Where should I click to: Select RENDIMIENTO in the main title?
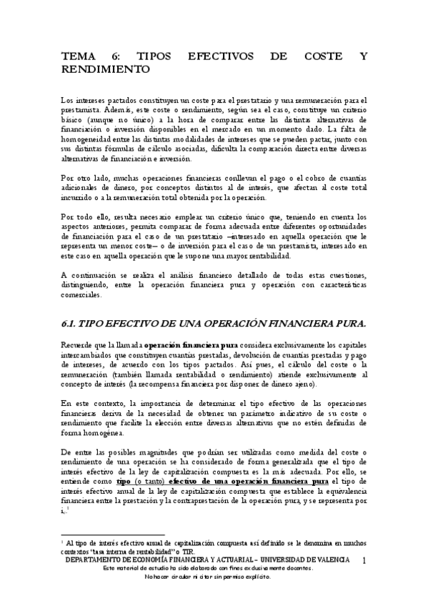pyautogui.click(x=106, y=69)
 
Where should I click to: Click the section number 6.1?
pyautogui.click(x=71, y=323)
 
